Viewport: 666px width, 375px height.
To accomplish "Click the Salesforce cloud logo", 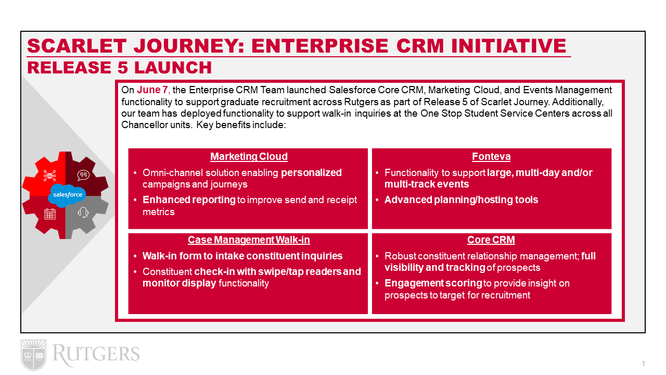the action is tap(67, 195).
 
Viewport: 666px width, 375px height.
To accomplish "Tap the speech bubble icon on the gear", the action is tap(83, 176).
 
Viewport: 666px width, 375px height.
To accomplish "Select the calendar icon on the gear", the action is tap(50, 214).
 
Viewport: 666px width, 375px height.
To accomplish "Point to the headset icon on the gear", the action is tap(83, 213).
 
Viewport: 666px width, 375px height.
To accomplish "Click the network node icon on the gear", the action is tap(49, 176).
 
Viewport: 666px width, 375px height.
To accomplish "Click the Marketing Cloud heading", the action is tap(249, 157).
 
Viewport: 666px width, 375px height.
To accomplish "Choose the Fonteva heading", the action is tap(491, 157).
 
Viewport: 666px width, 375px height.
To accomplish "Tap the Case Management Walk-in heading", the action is tap(249, 240).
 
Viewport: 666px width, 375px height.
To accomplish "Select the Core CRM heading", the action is tap(491, 240).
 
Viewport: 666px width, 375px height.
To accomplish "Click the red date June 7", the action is tap(152, 90).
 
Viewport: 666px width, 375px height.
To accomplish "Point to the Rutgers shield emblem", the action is tap(34, 355).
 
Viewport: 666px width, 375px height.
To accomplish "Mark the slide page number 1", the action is tap(643, 364).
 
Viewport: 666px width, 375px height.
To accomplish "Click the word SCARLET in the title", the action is tap(77, 46).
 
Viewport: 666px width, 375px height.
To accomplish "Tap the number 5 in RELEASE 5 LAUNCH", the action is tap(122, 68).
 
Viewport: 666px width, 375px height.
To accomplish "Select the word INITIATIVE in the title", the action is tap(509, 46).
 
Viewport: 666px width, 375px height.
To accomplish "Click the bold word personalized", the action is tap(311, 173).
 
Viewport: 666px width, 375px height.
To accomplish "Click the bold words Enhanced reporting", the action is tap(189, 199).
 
